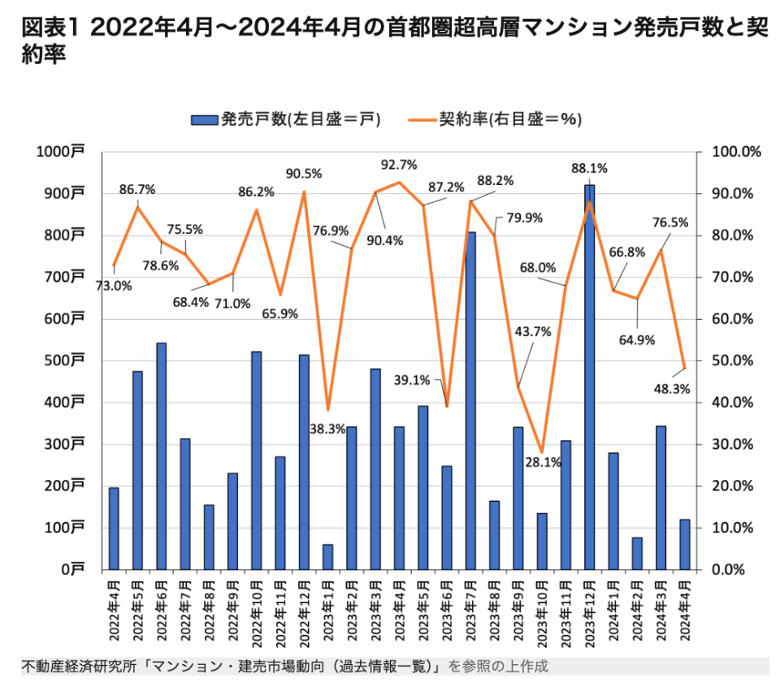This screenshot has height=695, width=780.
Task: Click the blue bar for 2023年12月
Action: click(x=589, y=378)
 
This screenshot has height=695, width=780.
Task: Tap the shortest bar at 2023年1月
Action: click(x=327, y=556)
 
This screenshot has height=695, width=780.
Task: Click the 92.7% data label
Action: click(x=399, y=165)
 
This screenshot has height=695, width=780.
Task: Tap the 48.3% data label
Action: click(x=671, y=389)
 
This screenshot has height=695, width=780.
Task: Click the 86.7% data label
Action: click(x=136, y=190)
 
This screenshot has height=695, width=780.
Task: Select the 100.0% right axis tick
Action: click(x=735, y=152)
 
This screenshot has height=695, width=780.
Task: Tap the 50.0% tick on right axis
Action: click(x=735, y=360)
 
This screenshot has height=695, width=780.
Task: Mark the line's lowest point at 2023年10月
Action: click(x=542, y=452)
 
